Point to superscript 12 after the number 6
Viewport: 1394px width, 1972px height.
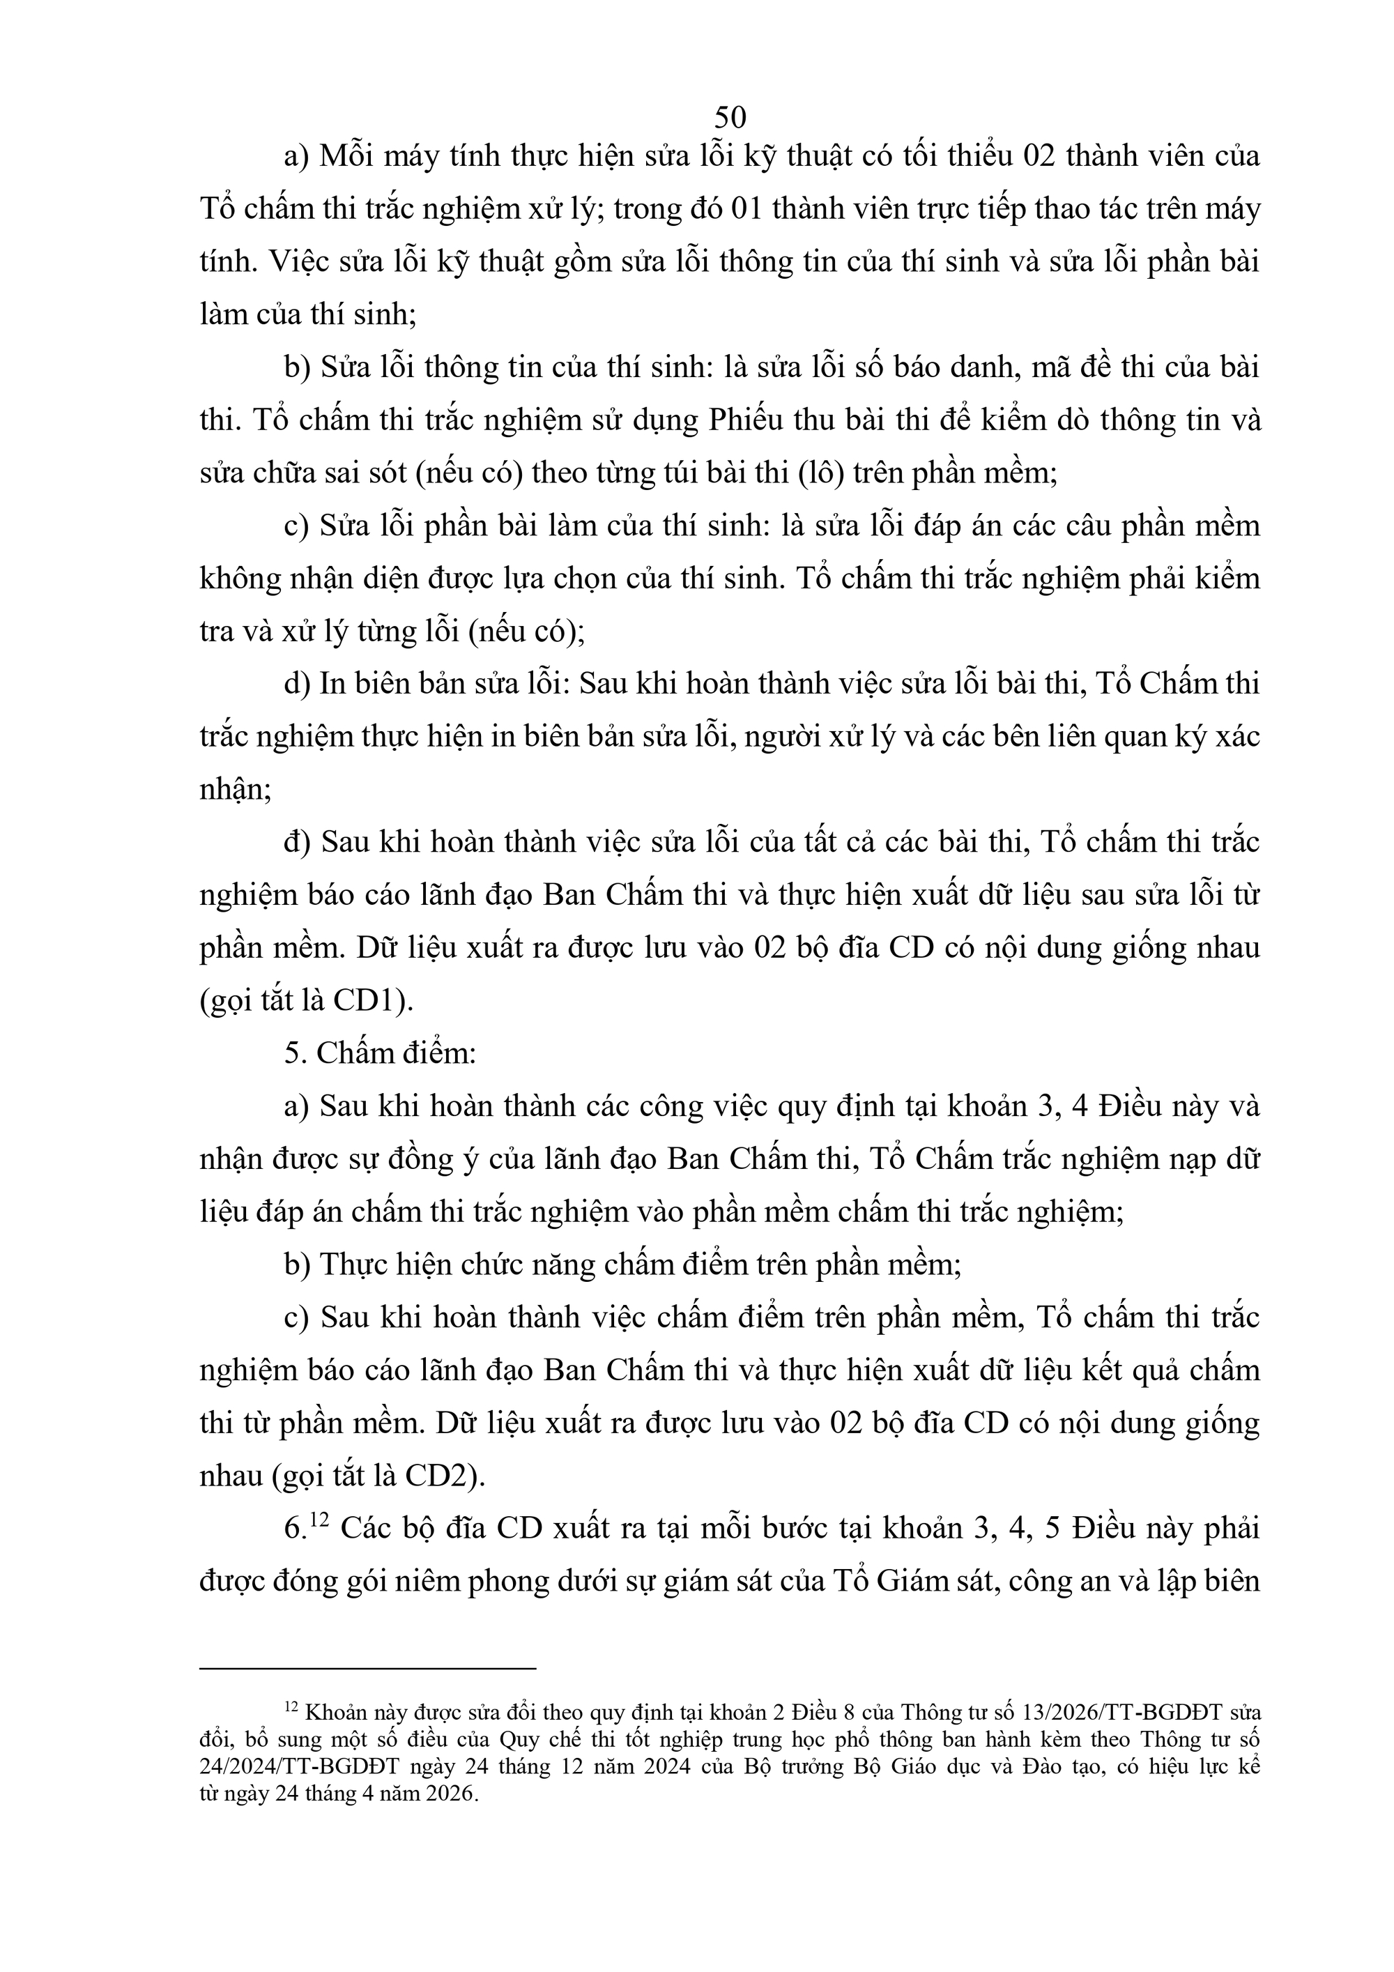319,1520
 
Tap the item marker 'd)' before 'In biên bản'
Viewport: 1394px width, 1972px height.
297,684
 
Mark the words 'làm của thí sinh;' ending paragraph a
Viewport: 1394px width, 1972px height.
308,315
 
